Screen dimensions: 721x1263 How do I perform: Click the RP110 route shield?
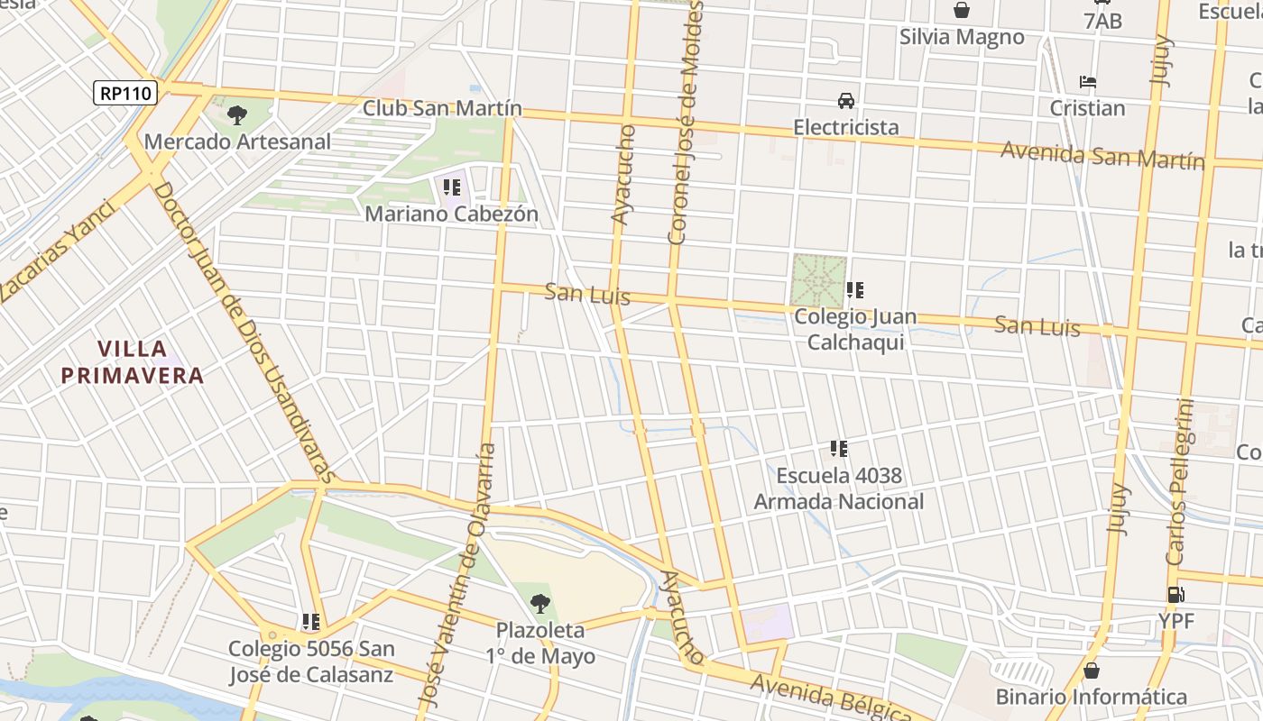click(125, 92)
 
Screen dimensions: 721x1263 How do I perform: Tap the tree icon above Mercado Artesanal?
click(237, 114)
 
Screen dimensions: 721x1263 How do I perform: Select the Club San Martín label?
click(442, 108)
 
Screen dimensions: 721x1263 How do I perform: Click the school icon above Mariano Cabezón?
click(452, 187)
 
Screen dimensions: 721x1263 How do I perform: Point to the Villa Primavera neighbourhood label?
click(133, 362)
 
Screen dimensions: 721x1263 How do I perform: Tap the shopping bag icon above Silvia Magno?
click(962, 10)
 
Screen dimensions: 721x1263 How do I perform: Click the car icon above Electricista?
click(846, 100)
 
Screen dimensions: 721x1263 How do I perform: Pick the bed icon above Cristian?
click(1088, 82)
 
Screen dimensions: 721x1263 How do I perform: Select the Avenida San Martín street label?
click(1102, 155)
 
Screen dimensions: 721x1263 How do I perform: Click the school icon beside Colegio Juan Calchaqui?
click(855, 290)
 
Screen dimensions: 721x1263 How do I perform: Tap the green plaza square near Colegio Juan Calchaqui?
click(819, 280)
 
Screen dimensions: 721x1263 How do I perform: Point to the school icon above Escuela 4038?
click(839, 448)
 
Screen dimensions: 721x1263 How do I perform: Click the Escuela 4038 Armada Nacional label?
click(839, 488)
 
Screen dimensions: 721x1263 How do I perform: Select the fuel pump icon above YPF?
click(1176, 595)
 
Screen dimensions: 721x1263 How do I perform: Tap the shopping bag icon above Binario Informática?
click(1092, 671)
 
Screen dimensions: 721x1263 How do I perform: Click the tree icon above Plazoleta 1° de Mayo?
click(540, 603)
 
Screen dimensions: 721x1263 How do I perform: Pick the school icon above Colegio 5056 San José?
click(311, 622)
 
